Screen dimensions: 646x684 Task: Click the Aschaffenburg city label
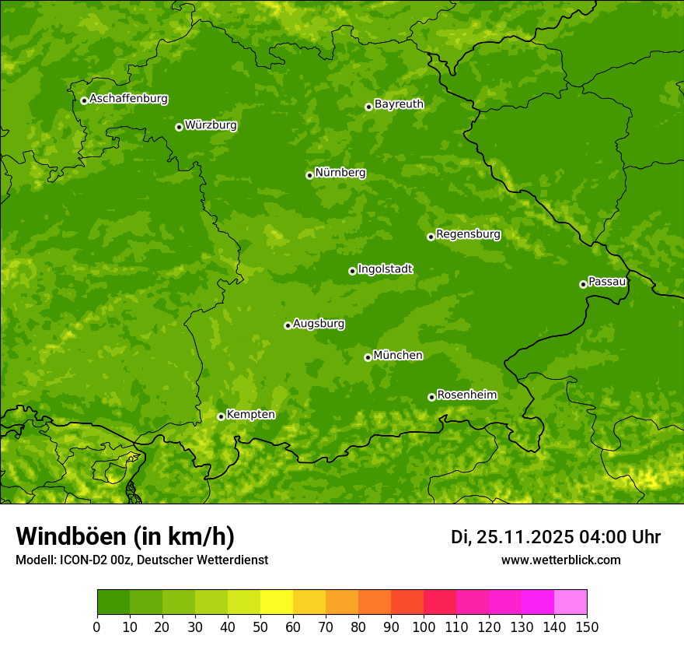point(128,99)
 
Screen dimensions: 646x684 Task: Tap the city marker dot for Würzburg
point(179,127)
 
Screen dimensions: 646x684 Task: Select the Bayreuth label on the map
point(399,104)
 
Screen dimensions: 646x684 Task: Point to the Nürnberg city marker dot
point(309,175)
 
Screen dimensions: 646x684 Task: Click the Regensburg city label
point(468,234)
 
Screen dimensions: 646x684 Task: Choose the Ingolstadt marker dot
point(352,271)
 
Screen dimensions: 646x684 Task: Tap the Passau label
point(607,282)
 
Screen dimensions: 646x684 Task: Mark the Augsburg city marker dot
point(288,325)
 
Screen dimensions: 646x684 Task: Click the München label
point(398,356)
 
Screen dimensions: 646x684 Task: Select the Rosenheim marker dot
point(431,397)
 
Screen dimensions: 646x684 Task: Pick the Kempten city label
point(250,415)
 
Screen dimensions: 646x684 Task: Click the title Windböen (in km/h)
point(124,537)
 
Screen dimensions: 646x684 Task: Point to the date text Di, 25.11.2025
point(511,537)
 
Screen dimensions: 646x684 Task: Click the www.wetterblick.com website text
point(560,560)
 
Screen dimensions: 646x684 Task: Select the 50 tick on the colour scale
point(260,626)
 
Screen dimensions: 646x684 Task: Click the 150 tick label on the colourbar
point(587,626)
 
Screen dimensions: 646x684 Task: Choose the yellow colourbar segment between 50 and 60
point(277,602)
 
